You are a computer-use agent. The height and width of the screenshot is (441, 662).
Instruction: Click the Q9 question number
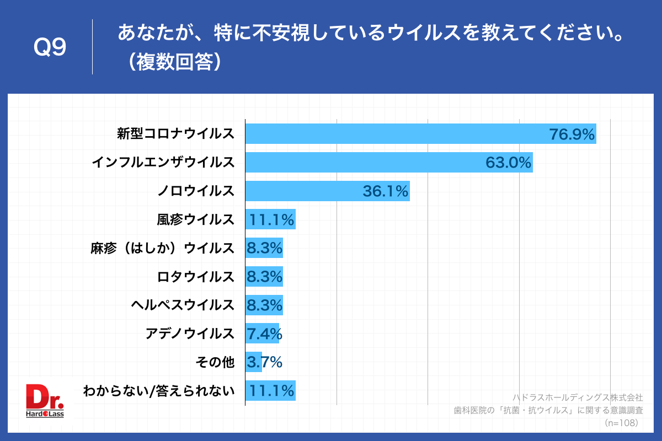(50, 47)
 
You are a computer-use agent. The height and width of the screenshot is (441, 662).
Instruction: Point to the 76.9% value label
(572, 134)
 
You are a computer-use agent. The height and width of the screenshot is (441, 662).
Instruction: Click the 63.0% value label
(508, 163)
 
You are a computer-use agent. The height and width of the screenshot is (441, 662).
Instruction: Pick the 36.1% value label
(385, 191)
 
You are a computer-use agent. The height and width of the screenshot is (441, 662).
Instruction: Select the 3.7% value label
(264, 362)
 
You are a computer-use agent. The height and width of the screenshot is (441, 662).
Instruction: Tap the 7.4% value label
(264, 334)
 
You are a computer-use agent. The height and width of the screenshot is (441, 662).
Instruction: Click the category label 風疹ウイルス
(196, 219)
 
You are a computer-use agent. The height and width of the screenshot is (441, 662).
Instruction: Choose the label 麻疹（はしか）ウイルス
(163, 248)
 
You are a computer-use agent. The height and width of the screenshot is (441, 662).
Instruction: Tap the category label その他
(215, 362)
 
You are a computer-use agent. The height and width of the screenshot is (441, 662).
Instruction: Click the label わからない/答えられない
(159, 391)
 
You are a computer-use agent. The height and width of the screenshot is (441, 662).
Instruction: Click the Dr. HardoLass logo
(45, 401)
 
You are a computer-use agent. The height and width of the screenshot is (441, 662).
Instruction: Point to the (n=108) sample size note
(621, 423)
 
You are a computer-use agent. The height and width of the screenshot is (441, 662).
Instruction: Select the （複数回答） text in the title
(172, 62)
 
